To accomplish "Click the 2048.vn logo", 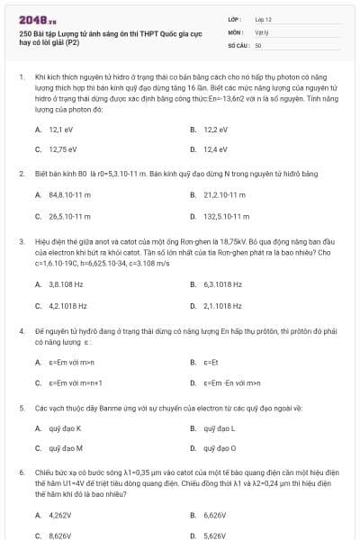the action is pos(38,18).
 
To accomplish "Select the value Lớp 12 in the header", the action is pos(263,18).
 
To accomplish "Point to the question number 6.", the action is pos(21,472).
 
